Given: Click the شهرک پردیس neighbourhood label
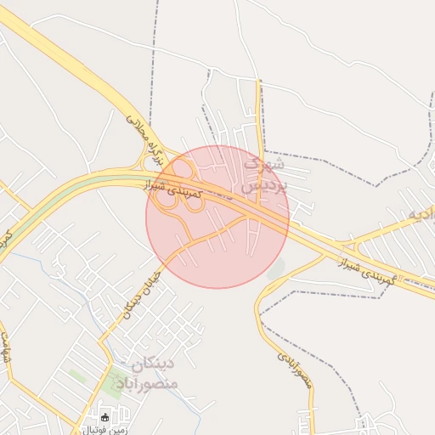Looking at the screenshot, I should tap(265, 172).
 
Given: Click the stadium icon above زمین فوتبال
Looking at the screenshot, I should tap(105, 417).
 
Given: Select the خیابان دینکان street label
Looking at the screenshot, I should tap(136, 292).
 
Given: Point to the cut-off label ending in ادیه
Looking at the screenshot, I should tap(418, 213).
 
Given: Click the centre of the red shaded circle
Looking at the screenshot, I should tap(217, 217).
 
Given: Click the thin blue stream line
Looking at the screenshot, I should tap(51, 272).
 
